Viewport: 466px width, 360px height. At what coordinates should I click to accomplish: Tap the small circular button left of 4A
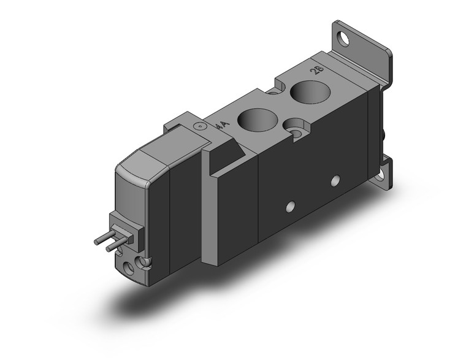pos(198,127)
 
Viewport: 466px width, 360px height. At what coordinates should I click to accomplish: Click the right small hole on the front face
pos(335,180)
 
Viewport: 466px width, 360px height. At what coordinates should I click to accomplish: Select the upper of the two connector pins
pos(105,239)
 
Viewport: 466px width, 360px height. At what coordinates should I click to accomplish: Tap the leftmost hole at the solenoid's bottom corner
pos(128,266)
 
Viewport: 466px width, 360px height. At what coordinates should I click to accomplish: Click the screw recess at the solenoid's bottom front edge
pos(145,262)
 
